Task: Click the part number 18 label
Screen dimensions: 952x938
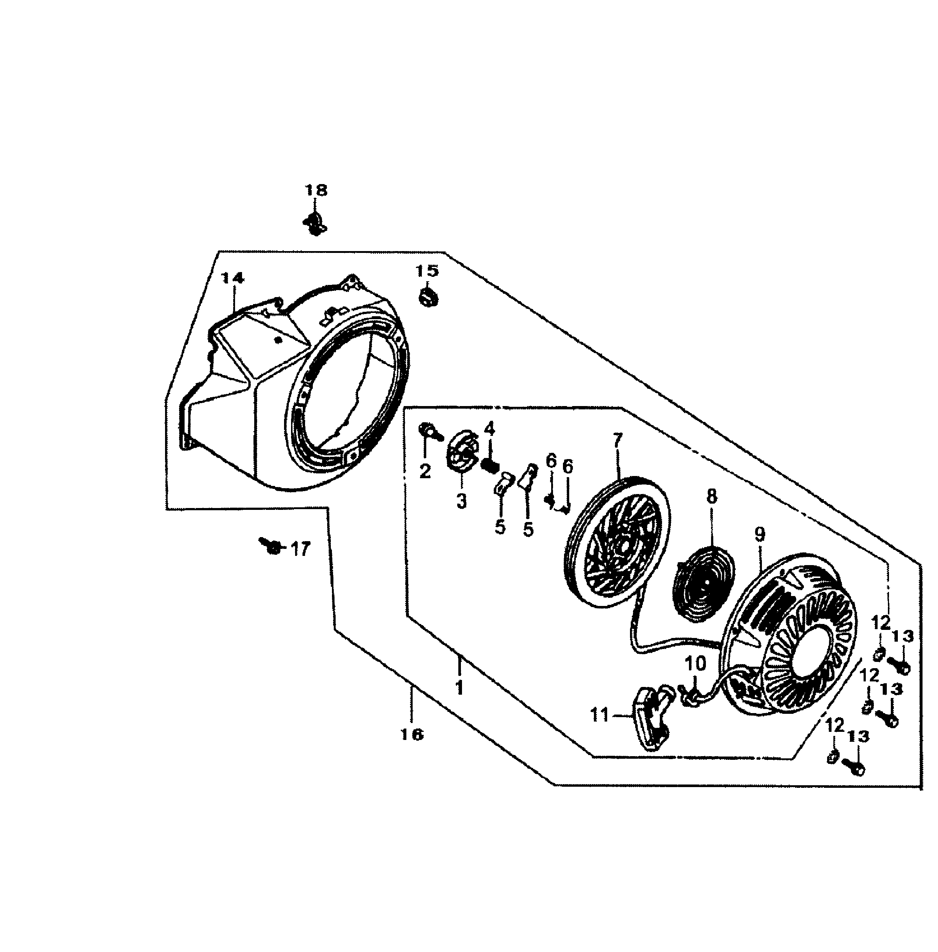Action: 316,190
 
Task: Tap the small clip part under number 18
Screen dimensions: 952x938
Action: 314,223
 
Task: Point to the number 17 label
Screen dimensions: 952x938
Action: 300,549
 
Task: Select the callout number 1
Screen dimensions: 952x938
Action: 460,688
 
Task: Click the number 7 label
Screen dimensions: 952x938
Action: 618,439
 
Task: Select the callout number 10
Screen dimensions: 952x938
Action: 696,664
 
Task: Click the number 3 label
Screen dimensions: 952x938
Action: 461,502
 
